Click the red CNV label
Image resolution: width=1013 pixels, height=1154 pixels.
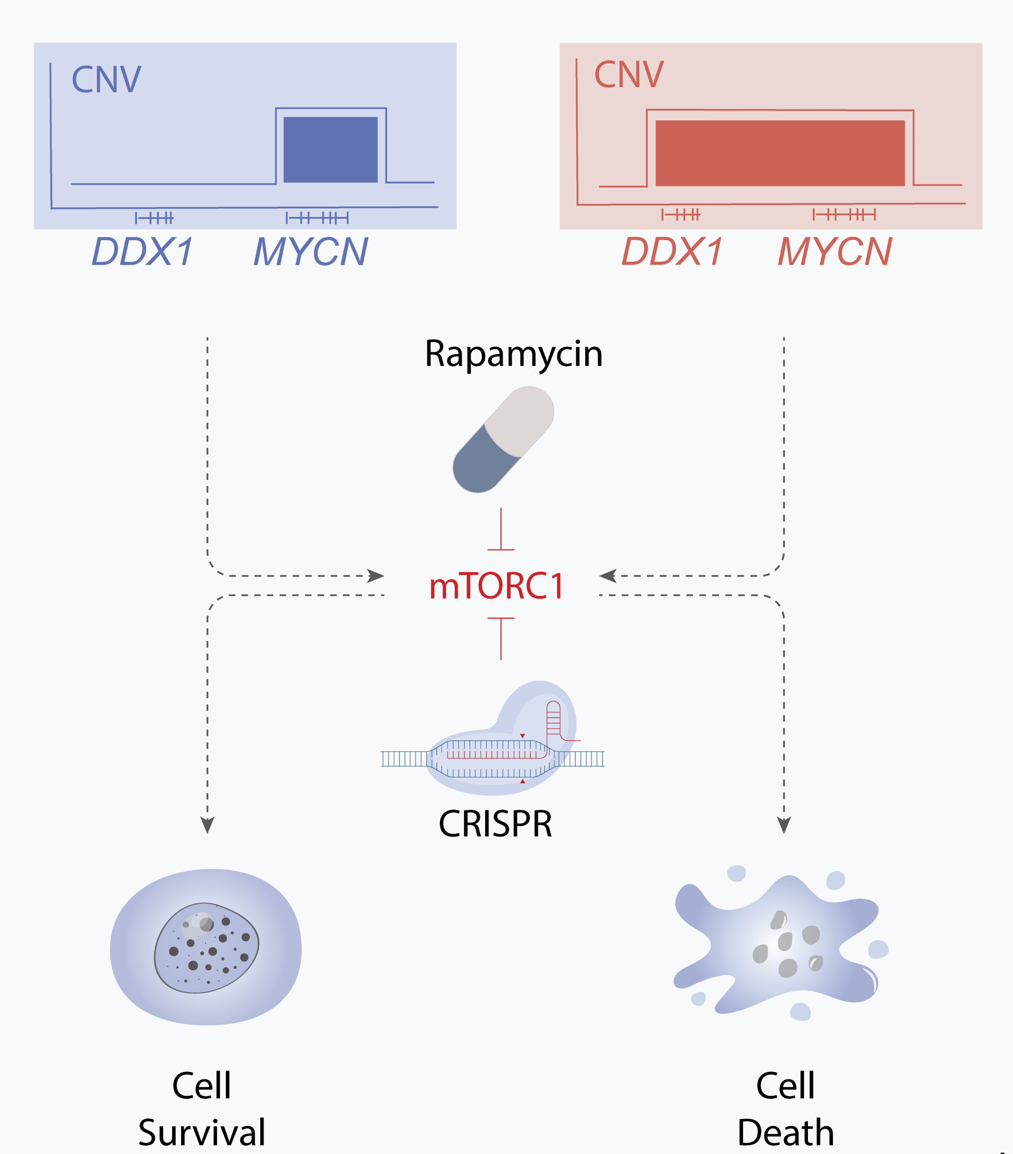tap(629, 75)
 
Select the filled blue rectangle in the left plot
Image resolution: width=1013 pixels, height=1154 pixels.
tap(330, 150)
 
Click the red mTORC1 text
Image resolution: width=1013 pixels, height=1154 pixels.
tap(497, 586)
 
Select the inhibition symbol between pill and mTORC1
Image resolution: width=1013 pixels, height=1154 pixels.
tap(501, 531)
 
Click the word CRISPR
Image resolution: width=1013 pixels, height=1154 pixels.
tap(496, 824)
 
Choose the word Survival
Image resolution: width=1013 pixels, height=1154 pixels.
tap(202, 1132)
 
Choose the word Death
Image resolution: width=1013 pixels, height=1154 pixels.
tap(785, 1132)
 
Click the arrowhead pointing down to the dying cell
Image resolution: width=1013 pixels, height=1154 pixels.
tap(784, 825)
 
